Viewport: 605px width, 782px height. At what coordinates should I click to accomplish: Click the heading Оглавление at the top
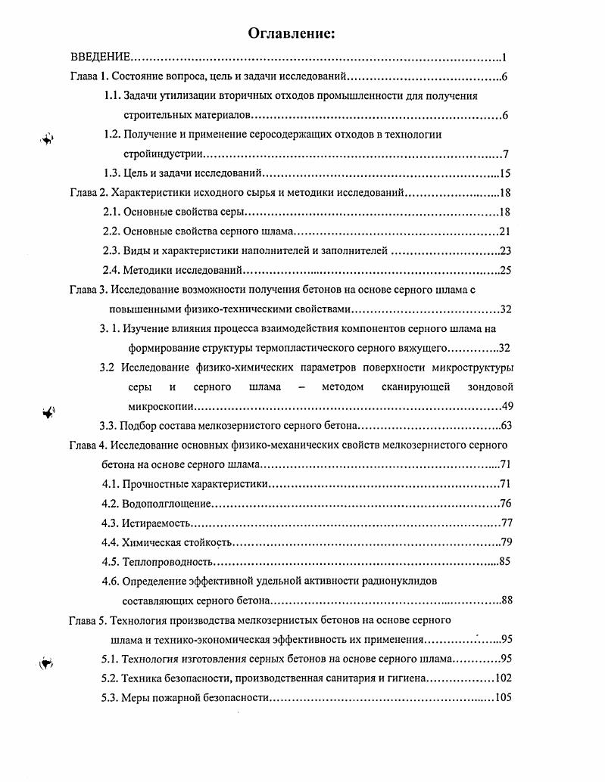pos(292,34)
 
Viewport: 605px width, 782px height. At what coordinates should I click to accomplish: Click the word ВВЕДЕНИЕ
pos(100,58)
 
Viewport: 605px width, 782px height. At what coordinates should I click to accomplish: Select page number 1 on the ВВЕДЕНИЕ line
pos(504,58)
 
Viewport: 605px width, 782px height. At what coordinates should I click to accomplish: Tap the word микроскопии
pos(157,406)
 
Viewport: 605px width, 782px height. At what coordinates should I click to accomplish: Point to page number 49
pos(507,406)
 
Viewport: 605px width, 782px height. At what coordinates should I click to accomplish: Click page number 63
pos(507,426)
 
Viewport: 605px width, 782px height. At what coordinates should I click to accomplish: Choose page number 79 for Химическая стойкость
pos(507,542)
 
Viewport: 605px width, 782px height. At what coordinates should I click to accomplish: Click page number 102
pos(503,678)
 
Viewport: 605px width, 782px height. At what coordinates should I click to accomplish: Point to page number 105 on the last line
pos(503,697)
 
